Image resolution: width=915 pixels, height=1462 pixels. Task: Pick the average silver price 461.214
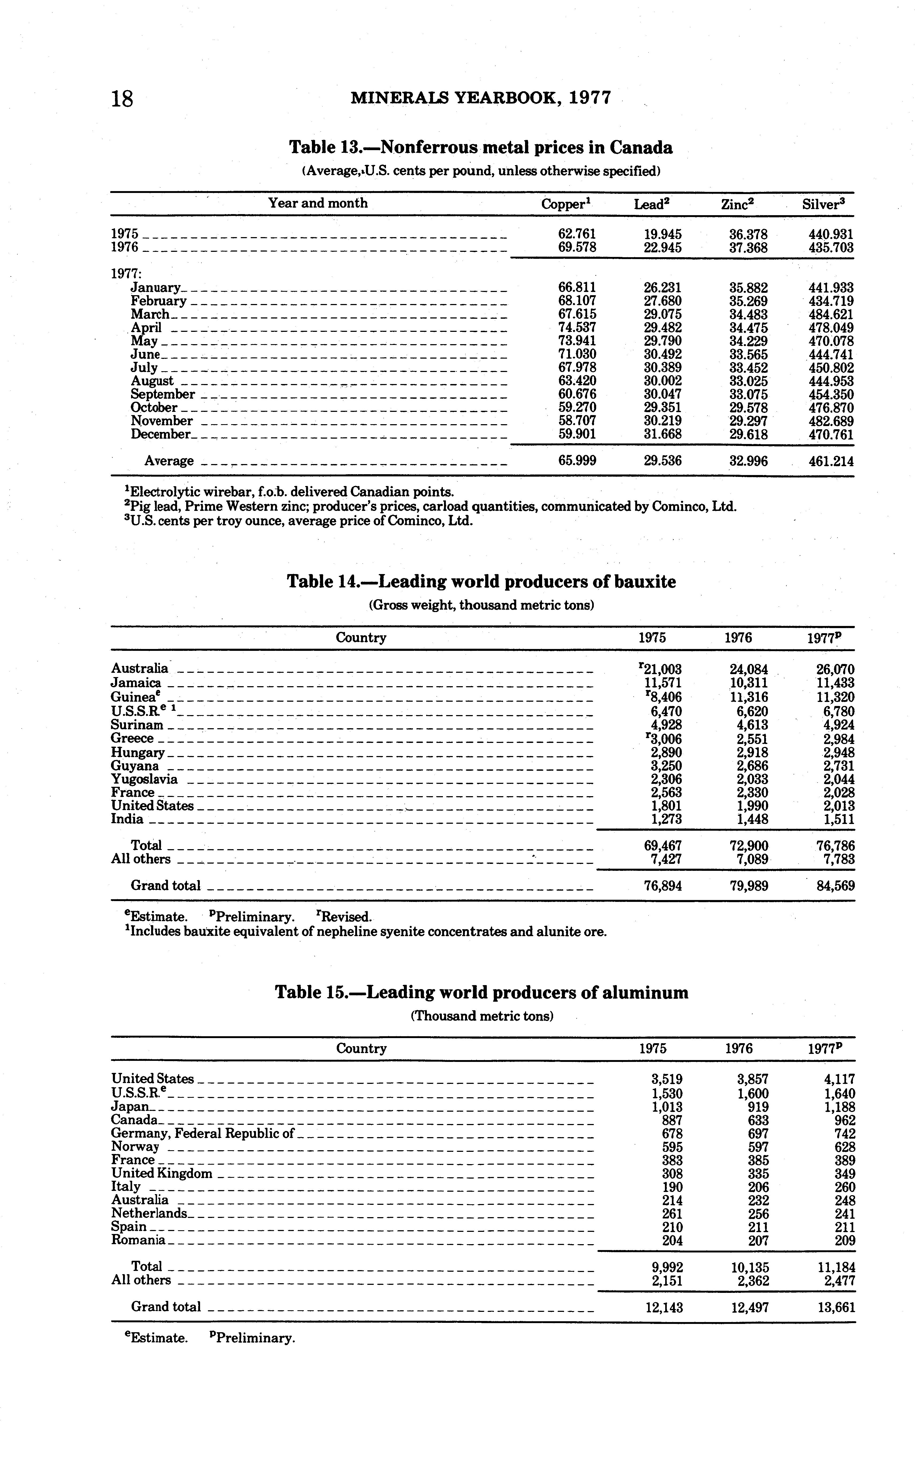coord(831,461)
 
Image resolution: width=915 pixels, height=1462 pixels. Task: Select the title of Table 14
coord(481,582)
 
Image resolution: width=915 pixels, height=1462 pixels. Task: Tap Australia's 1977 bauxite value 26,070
coord(835,670)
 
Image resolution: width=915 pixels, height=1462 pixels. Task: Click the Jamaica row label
coord(136,683)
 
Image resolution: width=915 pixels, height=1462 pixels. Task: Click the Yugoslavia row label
coord(144,779)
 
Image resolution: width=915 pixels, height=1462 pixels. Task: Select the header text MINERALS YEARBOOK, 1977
coord(481,97)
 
